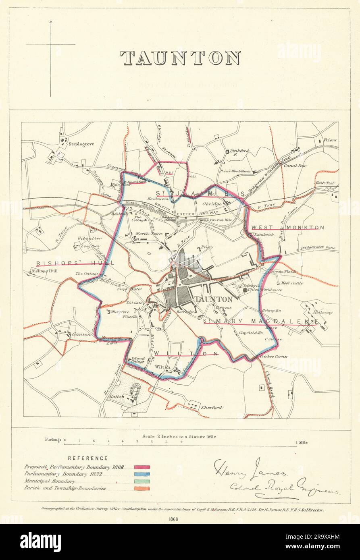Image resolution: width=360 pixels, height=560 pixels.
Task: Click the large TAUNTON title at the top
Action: coord(180,58)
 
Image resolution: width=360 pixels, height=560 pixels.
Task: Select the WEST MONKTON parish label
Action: coord(287,228)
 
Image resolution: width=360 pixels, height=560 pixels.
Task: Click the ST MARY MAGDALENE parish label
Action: coord(260,321)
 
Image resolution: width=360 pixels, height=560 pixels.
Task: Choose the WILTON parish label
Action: coord(186,354)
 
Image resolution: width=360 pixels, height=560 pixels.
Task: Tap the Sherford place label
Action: coord(212,407)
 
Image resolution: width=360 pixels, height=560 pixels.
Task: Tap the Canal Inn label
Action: coord(294,165)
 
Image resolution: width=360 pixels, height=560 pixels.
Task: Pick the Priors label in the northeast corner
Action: coord(330,140)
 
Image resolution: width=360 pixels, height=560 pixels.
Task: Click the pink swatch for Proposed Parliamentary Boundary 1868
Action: coord(139,467)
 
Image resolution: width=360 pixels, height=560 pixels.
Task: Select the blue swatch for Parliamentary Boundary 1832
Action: coord(139,474)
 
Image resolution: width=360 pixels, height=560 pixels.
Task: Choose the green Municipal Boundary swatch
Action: coord(139,481)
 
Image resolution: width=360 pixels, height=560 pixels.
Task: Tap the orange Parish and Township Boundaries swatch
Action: coord(139,488)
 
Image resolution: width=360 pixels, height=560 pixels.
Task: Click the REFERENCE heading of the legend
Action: coord(87,458)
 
